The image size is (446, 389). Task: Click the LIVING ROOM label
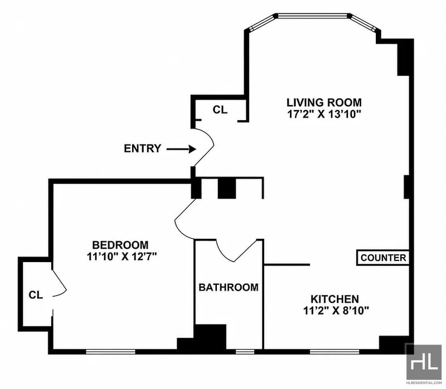[x=324, y=102]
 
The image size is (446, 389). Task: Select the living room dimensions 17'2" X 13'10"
[x=324, y=114]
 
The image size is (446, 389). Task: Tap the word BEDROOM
[x=120, y=245]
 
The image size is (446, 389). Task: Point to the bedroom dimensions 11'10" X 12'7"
[x=122, y=257]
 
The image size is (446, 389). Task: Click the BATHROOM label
[x=229, y=287]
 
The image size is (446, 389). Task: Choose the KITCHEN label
[x=334, y=299]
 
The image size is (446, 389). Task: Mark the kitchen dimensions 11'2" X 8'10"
[x=336, y=311]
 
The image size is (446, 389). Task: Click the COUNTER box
[x=383, y=258]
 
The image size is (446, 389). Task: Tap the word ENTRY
[x=143, y=149]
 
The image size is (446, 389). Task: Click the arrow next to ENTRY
[x=181, y=149]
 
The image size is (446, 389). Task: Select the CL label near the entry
[x=220, y=110]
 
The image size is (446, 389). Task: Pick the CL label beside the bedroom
[x=36, y=295]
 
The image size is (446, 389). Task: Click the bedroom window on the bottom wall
[x=110, y=352]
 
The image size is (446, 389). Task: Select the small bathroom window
[x=245, y=352]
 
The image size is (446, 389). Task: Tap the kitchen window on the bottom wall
[x=334, y=352]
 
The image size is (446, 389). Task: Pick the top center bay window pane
[x=312, y=16]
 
